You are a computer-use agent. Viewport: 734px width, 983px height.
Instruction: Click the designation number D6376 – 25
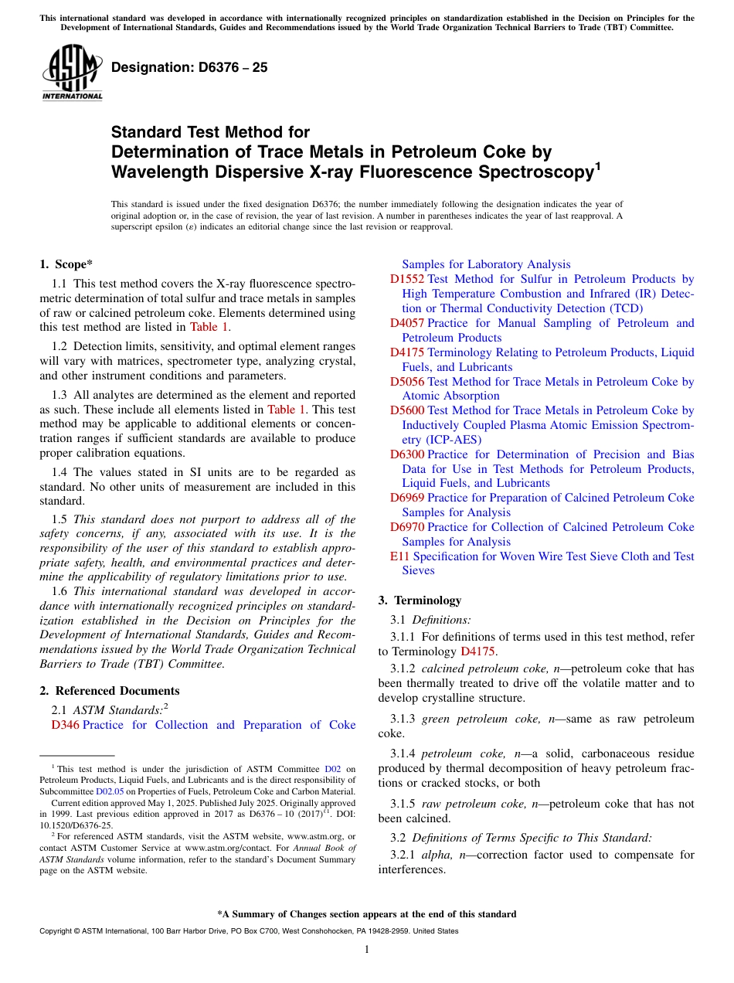pos(189,67)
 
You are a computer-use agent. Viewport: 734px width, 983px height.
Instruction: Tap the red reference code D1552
pos(407,279)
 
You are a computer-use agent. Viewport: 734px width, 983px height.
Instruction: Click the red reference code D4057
pos(407,323)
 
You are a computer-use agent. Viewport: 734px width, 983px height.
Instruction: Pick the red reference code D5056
pos(407,382)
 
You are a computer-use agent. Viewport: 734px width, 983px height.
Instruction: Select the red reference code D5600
pos(407,410)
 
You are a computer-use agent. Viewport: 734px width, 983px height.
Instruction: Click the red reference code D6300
pos(407,454)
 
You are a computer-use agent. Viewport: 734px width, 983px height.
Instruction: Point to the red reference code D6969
pos(407,498)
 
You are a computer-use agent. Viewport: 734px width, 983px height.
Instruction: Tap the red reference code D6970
pos(407,527)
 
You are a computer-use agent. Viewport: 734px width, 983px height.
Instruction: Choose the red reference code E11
pos(399,556)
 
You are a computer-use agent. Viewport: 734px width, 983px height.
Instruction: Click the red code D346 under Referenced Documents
pos(65,725)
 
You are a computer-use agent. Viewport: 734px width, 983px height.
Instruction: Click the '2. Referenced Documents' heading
pos(110,691)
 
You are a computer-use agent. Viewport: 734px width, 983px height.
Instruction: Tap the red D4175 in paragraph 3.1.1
pos(477,651)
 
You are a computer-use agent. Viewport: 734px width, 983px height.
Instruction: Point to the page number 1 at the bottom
pos(367,949)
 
